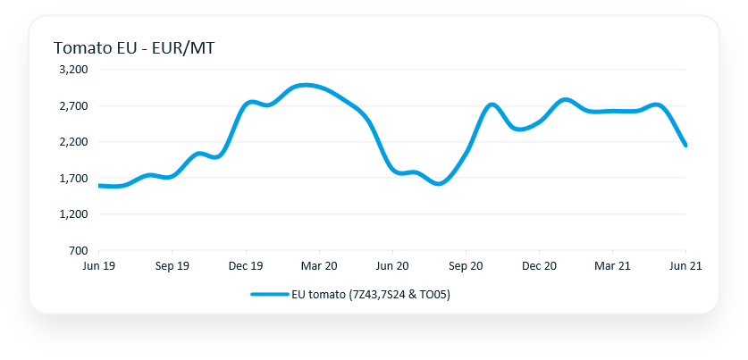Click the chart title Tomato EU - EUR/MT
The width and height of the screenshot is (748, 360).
(133, 47)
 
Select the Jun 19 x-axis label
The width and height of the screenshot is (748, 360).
(98, 265)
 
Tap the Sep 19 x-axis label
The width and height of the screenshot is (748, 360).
(172, 265)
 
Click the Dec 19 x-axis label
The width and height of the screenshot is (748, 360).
(245, 265)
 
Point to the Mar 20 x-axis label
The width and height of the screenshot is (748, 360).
(319, 265)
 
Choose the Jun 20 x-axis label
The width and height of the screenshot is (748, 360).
(392, 265)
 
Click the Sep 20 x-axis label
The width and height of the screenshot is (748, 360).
(466, 265)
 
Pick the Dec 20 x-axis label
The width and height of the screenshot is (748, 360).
(539, 265)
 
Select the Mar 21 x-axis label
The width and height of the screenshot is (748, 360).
(612, 265)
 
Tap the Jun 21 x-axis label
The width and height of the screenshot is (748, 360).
(685, 265)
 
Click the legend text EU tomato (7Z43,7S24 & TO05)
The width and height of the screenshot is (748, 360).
(370, 294)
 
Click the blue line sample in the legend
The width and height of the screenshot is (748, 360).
(269, 294)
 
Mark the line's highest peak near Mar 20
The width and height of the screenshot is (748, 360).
(305, 85)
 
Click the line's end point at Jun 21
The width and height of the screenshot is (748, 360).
(685, 145)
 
